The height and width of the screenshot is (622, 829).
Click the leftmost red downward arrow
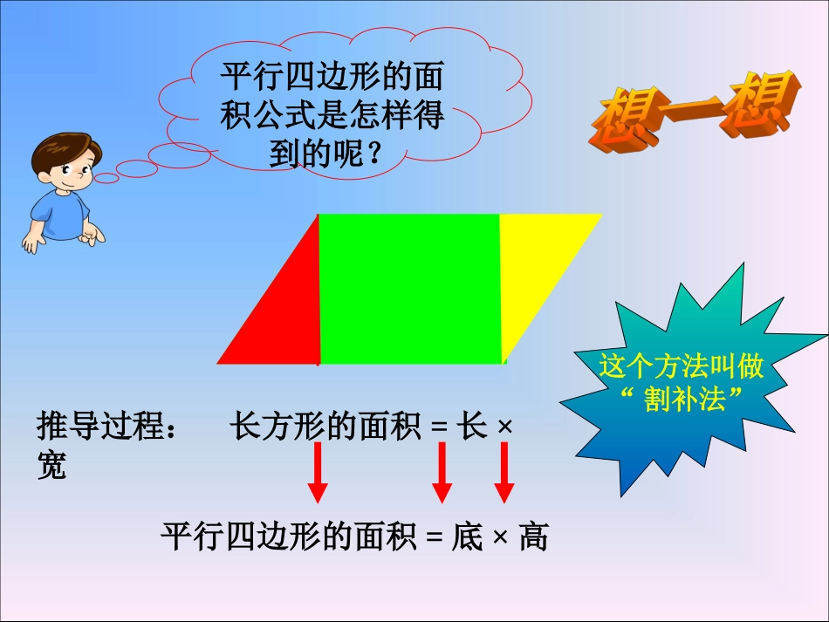click(x=318, y=472)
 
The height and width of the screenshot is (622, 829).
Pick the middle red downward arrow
click(x=442, y=472)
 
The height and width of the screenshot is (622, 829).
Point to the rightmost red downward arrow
click(x=504, y=472)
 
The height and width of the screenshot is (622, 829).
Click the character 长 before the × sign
click(x=472, y=427)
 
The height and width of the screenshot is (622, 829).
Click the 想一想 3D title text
click(x=694, y=109)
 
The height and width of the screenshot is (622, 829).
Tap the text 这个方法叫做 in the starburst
click(x=682, y=366)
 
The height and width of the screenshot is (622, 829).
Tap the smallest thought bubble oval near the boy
click(x=106, y=179)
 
